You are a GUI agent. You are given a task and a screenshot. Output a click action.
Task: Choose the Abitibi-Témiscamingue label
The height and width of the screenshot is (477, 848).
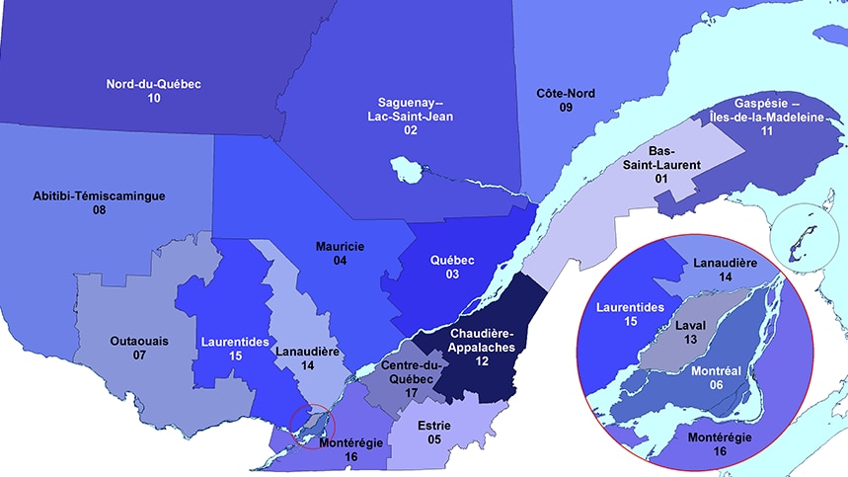pos(99,196)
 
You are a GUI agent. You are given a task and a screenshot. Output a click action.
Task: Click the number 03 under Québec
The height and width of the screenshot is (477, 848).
pos(452,274)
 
